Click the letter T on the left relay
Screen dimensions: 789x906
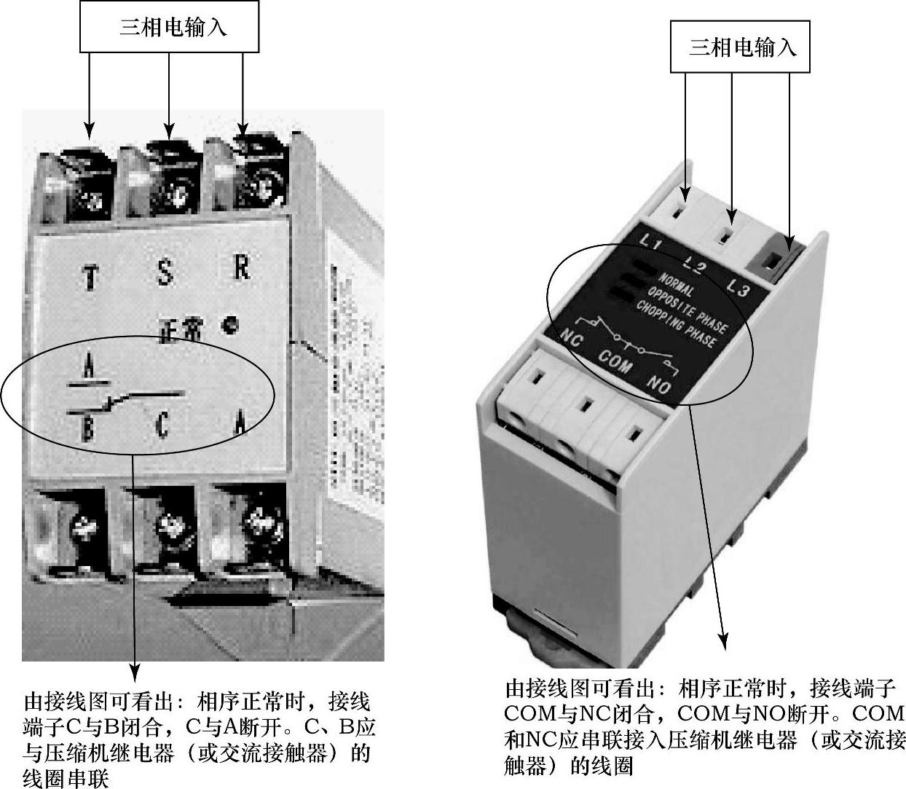(x=90, y=278)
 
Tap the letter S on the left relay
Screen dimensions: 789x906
(x=165, y=273)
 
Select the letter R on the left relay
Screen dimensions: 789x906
(x=242, y=267)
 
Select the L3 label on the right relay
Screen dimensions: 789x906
(x=738, y=288)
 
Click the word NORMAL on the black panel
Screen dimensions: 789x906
(x=677, y=284)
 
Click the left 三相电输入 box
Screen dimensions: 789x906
(x=169, y=28)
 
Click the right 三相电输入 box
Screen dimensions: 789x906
(x=740, y=47)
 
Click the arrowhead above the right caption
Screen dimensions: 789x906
(x=724, y=640)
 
